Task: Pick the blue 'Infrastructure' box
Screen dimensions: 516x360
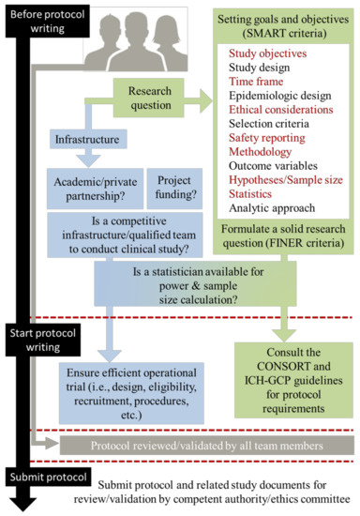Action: tap(87, 140)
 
